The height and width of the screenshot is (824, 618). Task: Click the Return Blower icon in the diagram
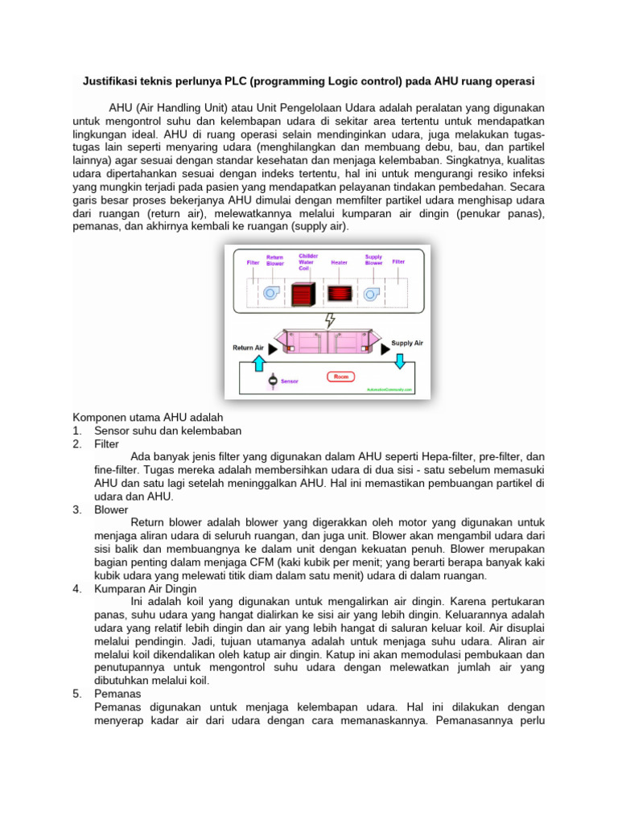(271, 294)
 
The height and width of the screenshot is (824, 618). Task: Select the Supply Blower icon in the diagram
(372, 294)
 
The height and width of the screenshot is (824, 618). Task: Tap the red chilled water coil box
(303, 294)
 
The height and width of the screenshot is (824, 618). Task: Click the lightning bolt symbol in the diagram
(329, 320)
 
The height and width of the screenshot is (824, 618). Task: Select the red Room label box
(340, 376)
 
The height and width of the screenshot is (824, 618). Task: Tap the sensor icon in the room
(273, 379)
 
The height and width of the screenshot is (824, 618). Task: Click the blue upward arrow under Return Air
(258, 364)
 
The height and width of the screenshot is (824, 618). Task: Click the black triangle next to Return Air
(274, 350)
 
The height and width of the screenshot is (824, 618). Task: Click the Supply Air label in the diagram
(407, 343)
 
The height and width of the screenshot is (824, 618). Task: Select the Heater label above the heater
(340, 262)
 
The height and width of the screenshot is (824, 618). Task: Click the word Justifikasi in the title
(111, 82)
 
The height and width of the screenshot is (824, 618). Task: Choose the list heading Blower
(111, 509)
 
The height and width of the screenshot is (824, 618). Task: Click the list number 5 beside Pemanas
(76, 693)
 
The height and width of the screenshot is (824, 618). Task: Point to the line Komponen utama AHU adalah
(148, 418)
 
